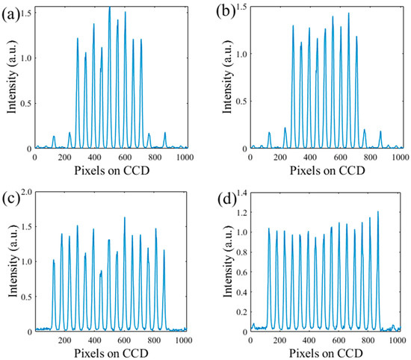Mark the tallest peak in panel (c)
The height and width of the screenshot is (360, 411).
coord(124,218)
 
